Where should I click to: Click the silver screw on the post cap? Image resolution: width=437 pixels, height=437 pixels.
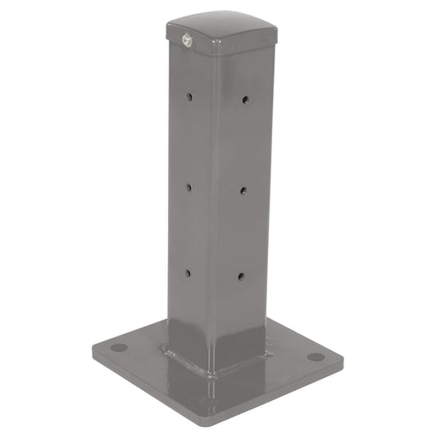point(187,38)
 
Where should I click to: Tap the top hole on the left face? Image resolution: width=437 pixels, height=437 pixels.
point(188,97)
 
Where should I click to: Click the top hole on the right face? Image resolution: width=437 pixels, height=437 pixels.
point(245,99)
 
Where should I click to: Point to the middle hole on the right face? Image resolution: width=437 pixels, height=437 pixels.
point(244,190)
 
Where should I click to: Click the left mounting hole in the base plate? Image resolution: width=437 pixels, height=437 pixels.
point(120,348)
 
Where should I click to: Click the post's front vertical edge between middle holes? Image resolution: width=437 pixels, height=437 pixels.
point(216,189)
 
